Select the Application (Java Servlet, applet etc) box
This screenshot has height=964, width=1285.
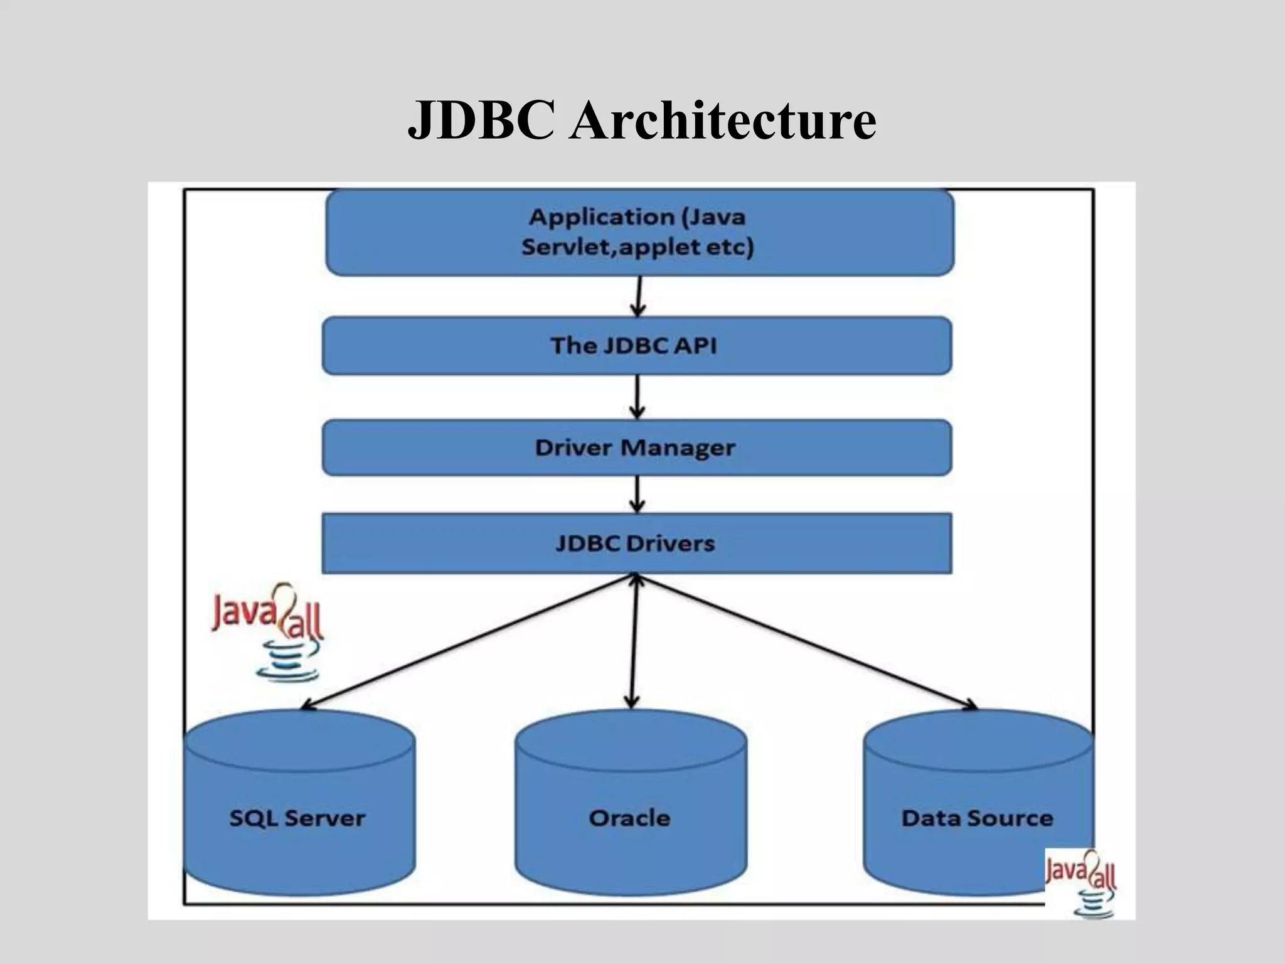639,232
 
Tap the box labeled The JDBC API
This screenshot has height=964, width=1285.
636,346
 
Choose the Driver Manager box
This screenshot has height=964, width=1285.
636,447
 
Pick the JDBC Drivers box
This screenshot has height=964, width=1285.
636,543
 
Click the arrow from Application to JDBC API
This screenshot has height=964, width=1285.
638,296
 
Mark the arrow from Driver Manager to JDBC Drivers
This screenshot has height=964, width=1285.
637,494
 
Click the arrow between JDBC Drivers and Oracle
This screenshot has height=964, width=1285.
634,641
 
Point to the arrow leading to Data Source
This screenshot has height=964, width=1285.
806,641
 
